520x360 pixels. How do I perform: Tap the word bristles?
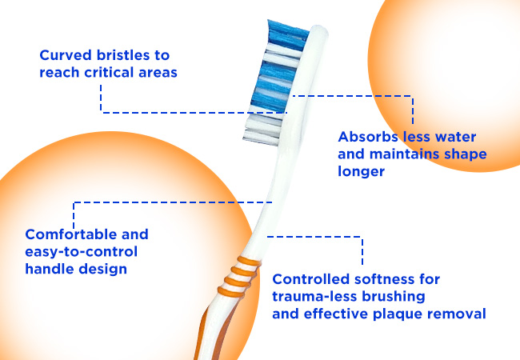point(122,55)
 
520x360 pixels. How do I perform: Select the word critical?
point(109,72)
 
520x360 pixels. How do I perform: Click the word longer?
point(361,172)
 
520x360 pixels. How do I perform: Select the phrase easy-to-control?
point(82,252)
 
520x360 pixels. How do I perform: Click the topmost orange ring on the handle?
point(248,262)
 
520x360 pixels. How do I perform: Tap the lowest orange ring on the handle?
point(231,293)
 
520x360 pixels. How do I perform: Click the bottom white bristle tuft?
point(262,138)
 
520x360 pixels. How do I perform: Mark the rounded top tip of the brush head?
point(319,27)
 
